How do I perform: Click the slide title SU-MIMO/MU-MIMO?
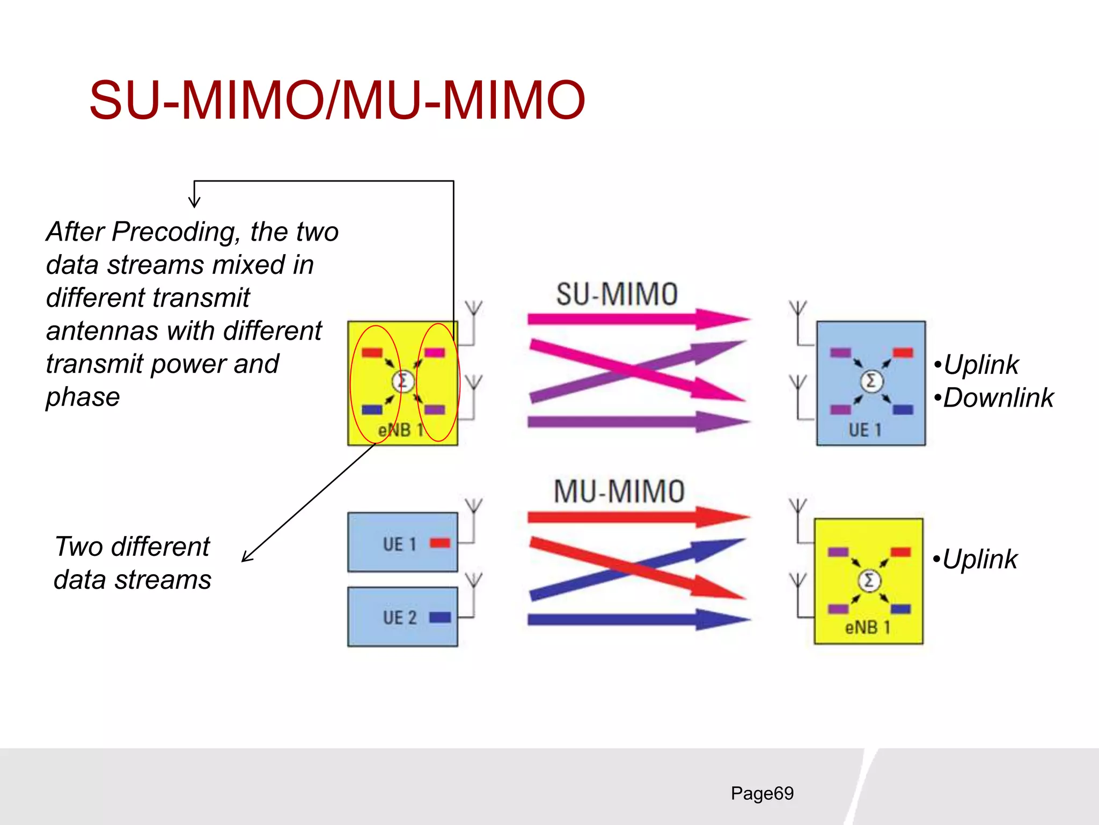pyautogui.click(x=337, y=100)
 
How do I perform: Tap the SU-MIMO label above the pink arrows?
pyautogui.click(x=617, y=294)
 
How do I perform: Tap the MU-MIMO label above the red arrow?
pyautogui.click(x=619, y=491)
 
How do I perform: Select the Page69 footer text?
pyautogui.click(x=762, y=793)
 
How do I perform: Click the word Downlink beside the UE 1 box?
pyautogui.click(x=998, y=398)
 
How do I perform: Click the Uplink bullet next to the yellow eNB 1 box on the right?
pyautogui.click(x=979, y=559)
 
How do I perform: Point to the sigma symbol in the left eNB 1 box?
pyautogui.click(x=402, y=381)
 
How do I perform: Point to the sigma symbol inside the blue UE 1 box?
pyautogui.click(x=871, y=381)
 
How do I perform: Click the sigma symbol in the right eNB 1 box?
pyautogui.click(x=869, y=581)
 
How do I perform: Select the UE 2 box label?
pyautogui.click(x=400, y=618)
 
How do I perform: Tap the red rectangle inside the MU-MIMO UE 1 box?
pyautogui.click(x=440, y=543)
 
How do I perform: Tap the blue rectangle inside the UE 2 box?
pyautogui.click(x=440, y=617)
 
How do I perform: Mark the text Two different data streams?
pyautogui.click(x=133, y=563)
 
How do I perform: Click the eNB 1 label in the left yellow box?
pyautogui.click(x=400, y=430)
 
